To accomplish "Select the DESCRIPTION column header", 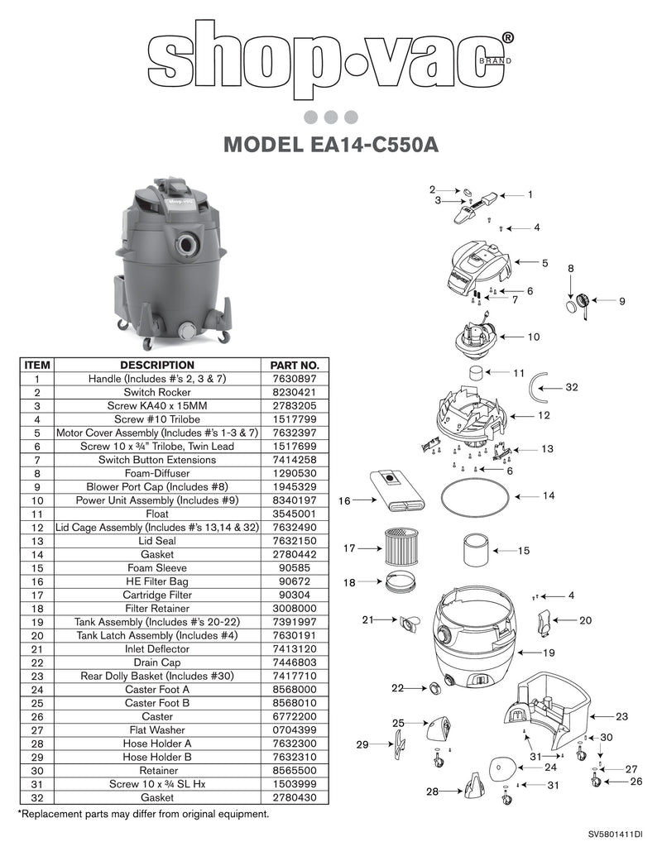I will (x=157, y=365).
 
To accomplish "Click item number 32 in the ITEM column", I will (x=37, y=797).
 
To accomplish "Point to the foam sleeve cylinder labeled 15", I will (x=476, y=549).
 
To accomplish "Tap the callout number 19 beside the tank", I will (x=548, y=653).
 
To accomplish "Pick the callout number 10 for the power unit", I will (x=534, y=337).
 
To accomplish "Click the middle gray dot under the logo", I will (x=330, y=117).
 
